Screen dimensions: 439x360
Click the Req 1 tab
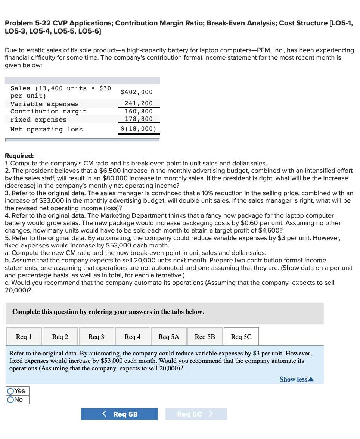click(x=24, y=337)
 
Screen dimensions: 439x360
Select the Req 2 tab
click(x=60, y=337)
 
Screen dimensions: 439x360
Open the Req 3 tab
click(x=96, y=337)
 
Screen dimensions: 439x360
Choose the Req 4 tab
click(x=133, y=337)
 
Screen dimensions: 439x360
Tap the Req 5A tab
click(x=169, y=337)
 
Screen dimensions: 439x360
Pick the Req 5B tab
click(x=205, y=337)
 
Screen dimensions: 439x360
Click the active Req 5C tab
click(x=241, y=337)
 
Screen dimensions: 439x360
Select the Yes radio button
click(x=11, y=391)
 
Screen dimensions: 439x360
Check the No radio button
click(x=11, y=400)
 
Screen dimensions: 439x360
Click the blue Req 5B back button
click(x=120, y=414)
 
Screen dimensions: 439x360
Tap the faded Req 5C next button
click(x=196, y=414)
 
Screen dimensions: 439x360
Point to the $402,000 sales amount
click(x=137, y=92)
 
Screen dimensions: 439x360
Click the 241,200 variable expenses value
click(x=139, y=103)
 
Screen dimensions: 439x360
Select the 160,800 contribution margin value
click(x=139, y=111)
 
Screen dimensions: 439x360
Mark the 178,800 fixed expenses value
click(x=139, y=119)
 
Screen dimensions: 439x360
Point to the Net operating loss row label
click(x=47, y=130)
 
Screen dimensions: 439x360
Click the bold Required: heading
click(x=19, y=156)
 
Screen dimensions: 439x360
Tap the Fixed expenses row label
click(x=38, y=120)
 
